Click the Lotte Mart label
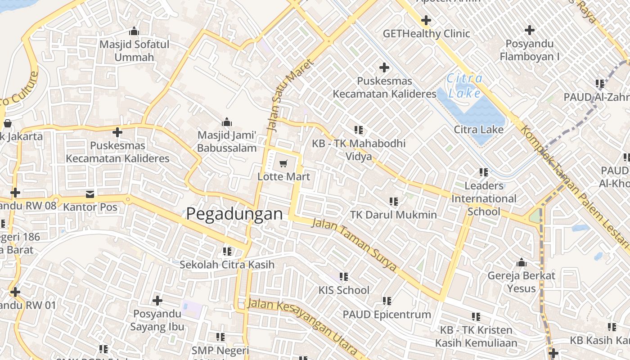[x=283, y=176]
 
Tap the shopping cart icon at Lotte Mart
[x=283, y=164]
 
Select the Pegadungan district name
[x=234, y=214]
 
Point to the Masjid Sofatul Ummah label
[x=134, y=51]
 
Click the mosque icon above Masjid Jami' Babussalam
[x=227, y=122]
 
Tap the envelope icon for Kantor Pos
[x=90, y=194]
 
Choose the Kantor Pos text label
[x=90, y=207]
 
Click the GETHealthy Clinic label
[x=426, y=34]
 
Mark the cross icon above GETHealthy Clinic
[x=426, y=20]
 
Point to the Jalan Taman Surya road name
[x=355, y=245]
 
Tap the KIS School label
[x=344, y=290]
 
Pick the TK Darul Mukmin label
[x=393, y=215]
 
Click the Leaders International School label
[x=484, y=198]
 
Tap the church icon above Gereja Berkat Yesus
[x=522, y=262]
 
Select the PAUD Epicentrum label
[x=387, y=314]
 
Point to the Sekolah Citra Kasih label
[x=227, y=264]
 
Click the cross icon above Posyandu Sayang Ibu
[x=157, y=300]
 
